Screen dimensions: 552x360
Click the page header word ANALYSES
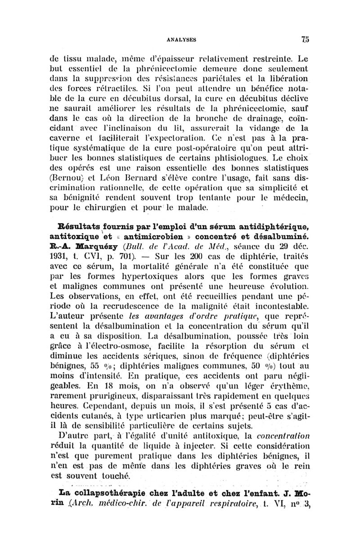tap(183, 39)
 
